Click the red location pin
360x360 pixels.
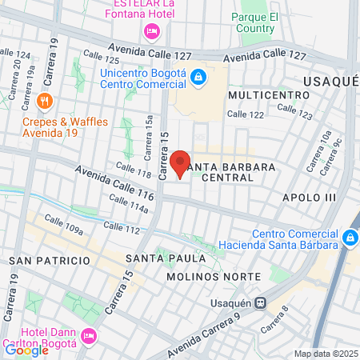tap(180, 163)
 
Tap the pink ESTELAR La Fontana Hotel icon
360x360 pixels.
tap(150, 31)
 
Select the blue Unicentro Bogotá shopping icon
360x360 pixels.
tap(198, 78)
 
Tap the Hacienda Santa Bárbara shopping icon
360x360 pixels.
tap(350, 238)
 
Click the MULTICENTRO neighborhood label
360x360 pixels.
tap(268, 94)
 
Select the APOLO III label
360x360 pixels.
tap(306, 196)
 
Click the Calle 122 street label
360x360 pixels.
tap(245, 114)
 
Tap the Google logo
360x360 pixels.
tap(26, 350)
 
